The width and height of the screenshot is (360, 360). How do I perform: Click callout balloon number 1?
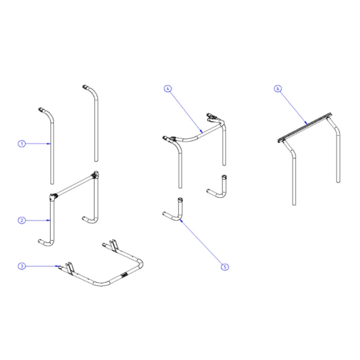(x=21, y=144)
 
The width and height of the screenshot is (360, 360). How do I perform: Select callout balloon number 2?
(x=21, y=220)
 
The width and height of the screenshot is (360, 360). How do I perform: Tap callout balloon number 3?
(x=21, y=266)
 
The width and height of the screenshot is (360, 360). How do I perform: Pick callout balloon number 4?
(x=167, y=89)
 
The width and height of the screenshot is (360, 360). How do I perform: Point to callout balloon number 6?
(x=278, y=89)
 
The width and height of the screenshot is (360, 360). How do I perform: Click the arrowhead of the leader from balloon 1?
(x=50, y=144)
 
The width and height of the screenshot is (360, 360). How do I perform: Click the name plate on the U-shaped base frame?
(x=124, y=274)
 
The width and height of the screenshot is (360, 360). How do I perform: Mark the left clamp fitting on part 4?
(x=169, y=138)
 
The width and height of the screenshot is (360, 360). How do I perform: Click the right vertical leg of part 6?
(x=337, y=153)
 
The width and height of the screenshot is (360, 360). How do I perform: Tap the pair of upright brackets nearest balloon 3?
(x=70, y=266)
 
